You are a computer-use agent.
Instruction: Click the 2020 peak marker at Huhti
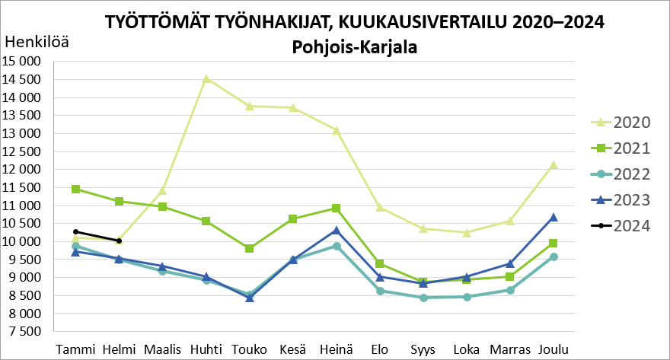[206, 78]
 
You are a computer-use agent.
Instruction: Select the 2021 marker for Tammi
[75, 189]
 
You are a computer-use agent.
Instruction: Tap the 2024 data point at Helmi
[119, 241]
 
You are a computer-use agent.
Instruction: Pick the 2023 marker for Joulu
[554, 217]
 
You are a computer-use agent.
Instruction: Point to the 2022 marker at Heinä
[337, 246]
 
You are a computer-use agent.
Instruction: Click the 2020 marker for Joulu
[554, 164]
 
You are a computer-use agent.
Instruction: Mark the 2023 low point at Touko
[250, 298]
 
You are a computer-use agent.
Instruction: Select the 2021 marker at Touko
[250, 249]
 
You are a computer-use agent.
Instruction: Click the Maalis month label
[162, 349]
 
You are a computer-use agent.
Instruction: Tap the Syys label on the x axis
[423, 349]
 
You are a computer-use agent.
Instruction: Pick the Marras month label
[509, 349]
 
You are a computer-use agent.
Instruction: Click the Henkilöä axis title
[37, 43]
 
